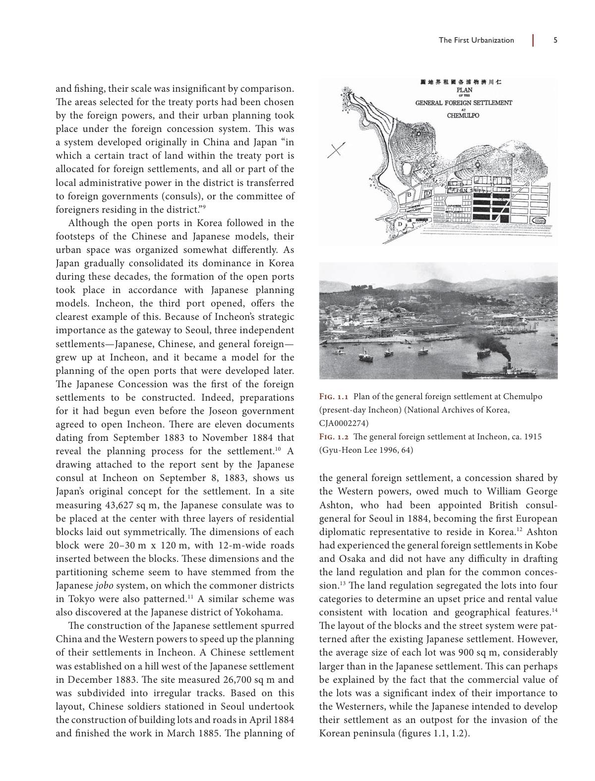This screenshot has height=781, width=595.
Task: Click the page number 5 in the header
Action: [555, 40]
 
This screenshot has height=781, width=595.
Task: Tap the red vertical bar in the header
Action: [533, 40]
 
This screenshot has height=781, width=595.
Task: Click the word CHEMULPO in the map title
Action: [463, 116]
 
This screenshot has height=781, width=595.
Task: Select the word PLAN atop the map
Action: [464, 90]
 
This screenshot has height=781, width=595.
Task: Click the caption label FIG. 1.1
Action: [334, 397]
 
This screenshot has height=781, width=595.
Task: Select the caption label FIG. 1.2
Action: [334, 437]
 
